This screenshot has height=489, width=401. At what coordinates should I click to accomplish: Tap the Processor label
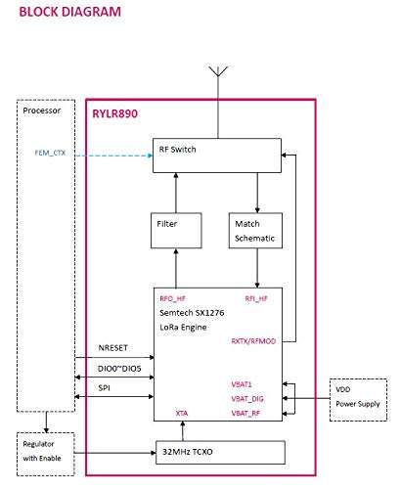click(x=42, y=111)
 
